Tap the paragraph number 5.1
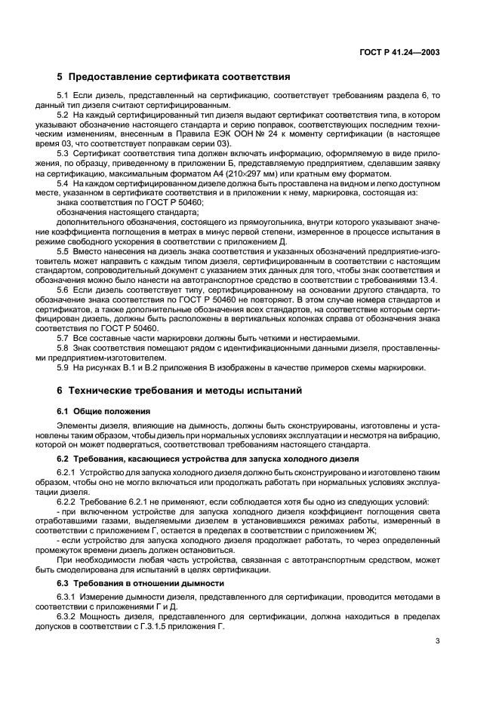[63, 96]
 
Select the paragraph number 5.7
[63, 337]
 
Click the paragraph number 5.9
[63, 367]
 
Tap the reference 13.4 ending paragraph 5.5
[430, 278]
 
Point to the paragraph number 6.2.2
[68, 502]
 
